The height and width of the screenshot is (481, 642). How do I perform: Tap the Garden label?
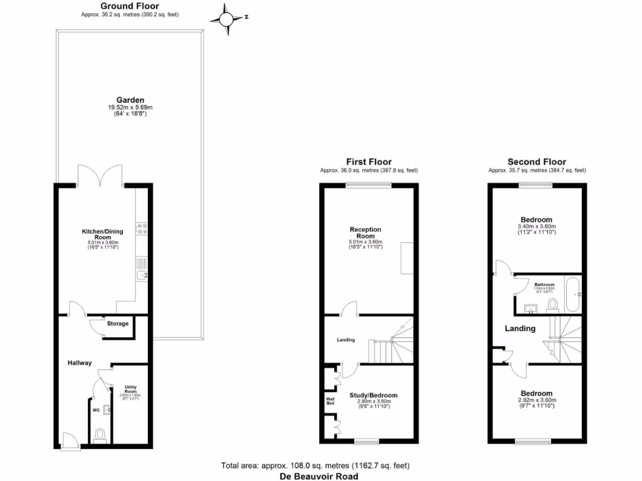[130, 100]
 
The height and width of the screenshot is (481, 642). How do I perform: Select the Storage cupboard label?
[118, 324]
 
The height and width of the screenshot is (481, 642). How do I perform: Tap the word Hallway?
[80, 363]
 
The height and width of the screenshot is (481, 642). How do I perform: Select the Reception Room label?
[366, 233]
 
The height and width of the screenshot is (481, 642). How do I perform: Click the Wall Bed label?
[330, 400]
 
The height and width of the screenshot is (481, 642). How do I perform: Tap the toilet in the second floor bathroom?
[552, 304]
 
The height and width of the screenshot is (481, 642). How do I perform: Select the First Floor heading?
[369, 162]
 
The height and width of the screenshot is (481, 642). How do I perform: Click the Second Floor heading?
[537, 162]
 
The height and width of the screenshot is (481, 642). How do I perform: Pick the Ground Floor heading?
[130, 6]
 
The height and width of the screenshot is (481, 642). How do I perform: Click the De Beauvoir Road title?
[318, 476]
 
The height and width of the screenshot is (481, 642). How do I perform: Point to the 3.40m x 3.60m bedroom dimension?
[537, 226]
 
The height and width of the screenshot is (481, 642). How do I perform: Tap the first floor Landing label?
[345, 340]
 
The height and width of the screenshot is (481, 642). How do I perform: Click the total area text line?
[315, 465]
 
